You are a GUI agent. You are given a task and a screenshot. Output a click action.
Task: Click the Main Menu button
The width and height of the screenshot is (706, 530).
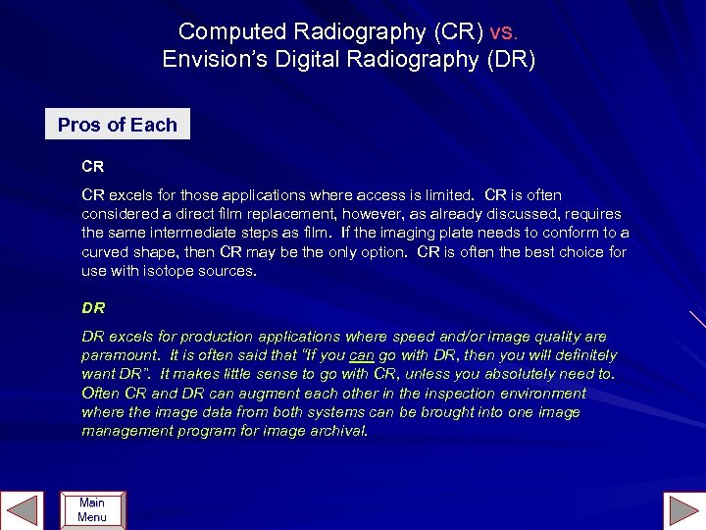click(x=92, y=509)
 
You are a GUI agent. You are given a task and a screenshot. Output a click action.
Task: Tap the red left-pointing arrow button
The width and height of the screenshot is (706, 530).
click(x=22, y=509)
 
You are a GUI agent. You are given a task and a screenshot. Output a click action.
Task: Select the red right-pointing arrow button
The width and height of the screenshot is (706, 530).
click(x=682, y=509)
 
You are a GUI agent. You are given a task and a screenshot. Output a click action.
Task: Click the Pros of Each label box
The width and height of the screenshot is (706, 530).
click(x=118, y=125)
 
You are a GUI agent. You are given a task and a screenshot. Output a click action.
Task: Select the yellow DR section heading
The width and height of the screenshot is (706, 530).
click(x=93, y=307)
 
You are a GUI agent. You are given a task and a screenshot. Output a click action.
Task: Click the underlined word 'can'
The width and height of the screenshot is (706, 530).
click(x=362, y=355)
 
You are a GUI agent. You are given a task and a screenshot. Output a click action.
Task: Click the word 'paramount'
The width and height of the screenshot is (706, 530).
click(x=120, y=355)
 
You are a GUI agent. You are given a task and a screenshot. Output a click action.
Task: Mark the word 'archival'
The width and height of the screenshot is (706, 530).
click(x=336, y=431)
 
